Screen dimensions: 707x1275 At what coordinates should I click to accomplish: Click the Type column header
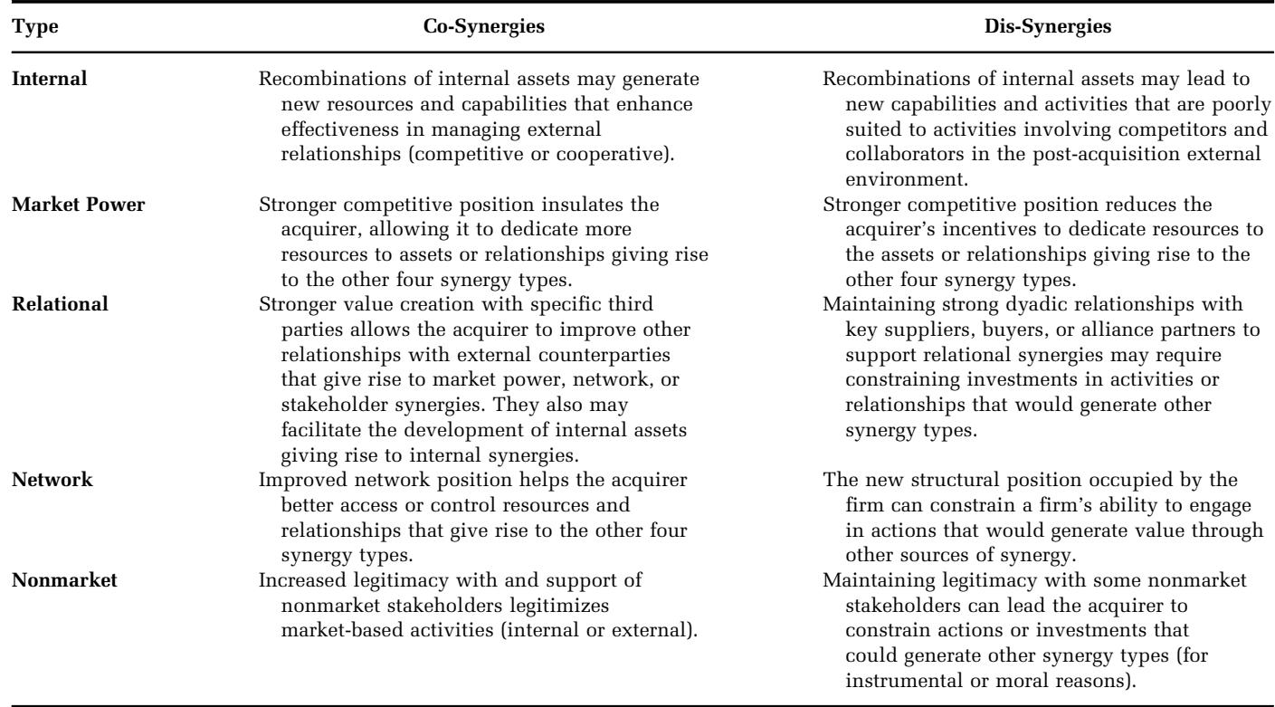point(31,28)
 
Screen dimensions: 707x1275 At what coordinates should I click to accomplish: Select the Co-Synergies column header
point(484,28)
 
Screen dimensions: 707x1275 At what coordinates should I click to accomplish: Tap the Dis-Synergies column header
point(1048,28)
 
